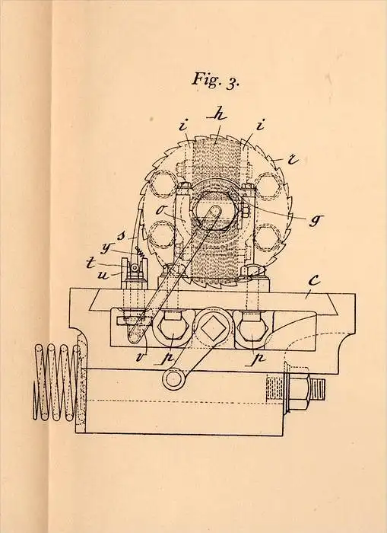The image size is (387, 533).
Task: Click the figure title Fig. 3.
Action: pos(216,80)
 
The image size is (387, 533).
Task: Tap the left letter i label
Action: pos(183,126)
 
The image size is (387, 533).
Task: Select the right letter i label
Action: pos(260,126)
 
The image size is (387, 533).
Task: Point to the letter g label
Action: pos(316,220)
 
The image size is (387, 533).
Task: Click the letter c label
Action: pos(314,280)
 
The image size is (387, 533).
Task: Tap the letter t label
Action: pos(90,263)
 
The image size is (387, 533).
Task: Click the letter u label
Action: pos(103,275)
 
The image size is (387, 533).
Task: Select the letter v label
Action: pos(140,358)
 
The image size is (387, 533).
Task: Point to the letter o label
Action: pos(160,210)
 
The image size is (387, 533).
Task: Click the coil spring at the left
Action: pos(58,382)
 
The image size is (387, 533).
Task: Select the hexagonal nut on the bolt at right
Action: pos(298,389)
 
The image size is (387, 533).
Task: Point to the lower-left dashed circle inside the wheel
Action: pos(162,235)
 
